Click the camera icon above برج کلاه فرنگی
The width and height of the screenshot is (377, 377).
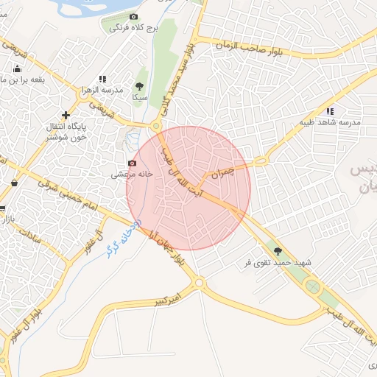point(133,16)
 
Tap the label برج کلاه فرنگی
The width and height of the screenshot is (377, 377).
point(133,29)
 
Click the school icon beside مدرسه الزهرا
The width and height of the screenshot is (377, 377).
point(102,78)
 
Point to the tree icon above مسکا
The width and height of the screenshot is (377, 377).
point(140,86)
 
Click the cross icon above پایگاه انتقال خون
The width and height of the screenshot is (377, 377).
point(66,115)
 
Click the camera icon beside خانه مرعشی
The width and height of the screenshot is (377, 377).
point(132,162)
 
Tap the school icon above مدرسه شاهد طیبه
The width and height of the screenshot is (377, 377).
point(329,111)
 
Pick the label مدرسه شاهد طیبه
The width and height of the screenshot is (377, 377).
point(328,122)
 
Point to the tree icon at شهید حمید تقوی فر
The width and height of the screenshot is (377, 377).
point(278,251)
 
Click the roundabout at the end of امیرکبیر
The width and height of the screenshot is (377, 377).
point(199,283)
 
